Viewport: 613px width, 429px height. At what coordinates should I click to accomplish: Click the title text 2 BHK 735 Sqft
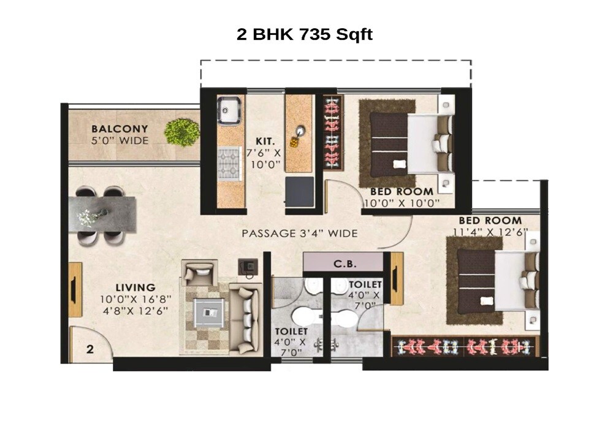(305, 34)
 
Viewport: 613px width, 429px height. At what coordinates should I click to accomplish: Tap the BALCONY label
(120, 129)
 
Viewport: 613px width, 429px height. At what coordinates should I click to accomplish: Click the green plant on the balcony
(182, 132)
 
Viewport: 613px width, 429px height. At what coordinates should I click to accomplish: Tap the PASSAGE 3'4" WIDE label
(299, 233)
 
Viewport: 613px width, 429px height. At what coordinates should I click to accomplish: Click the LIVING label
(137, 287)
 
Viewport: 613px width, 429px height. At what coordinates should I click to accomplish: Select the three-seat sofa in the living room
(246, 319)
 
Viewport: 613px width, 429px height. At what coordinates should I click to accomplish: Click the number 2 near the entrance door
(89, 350)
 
